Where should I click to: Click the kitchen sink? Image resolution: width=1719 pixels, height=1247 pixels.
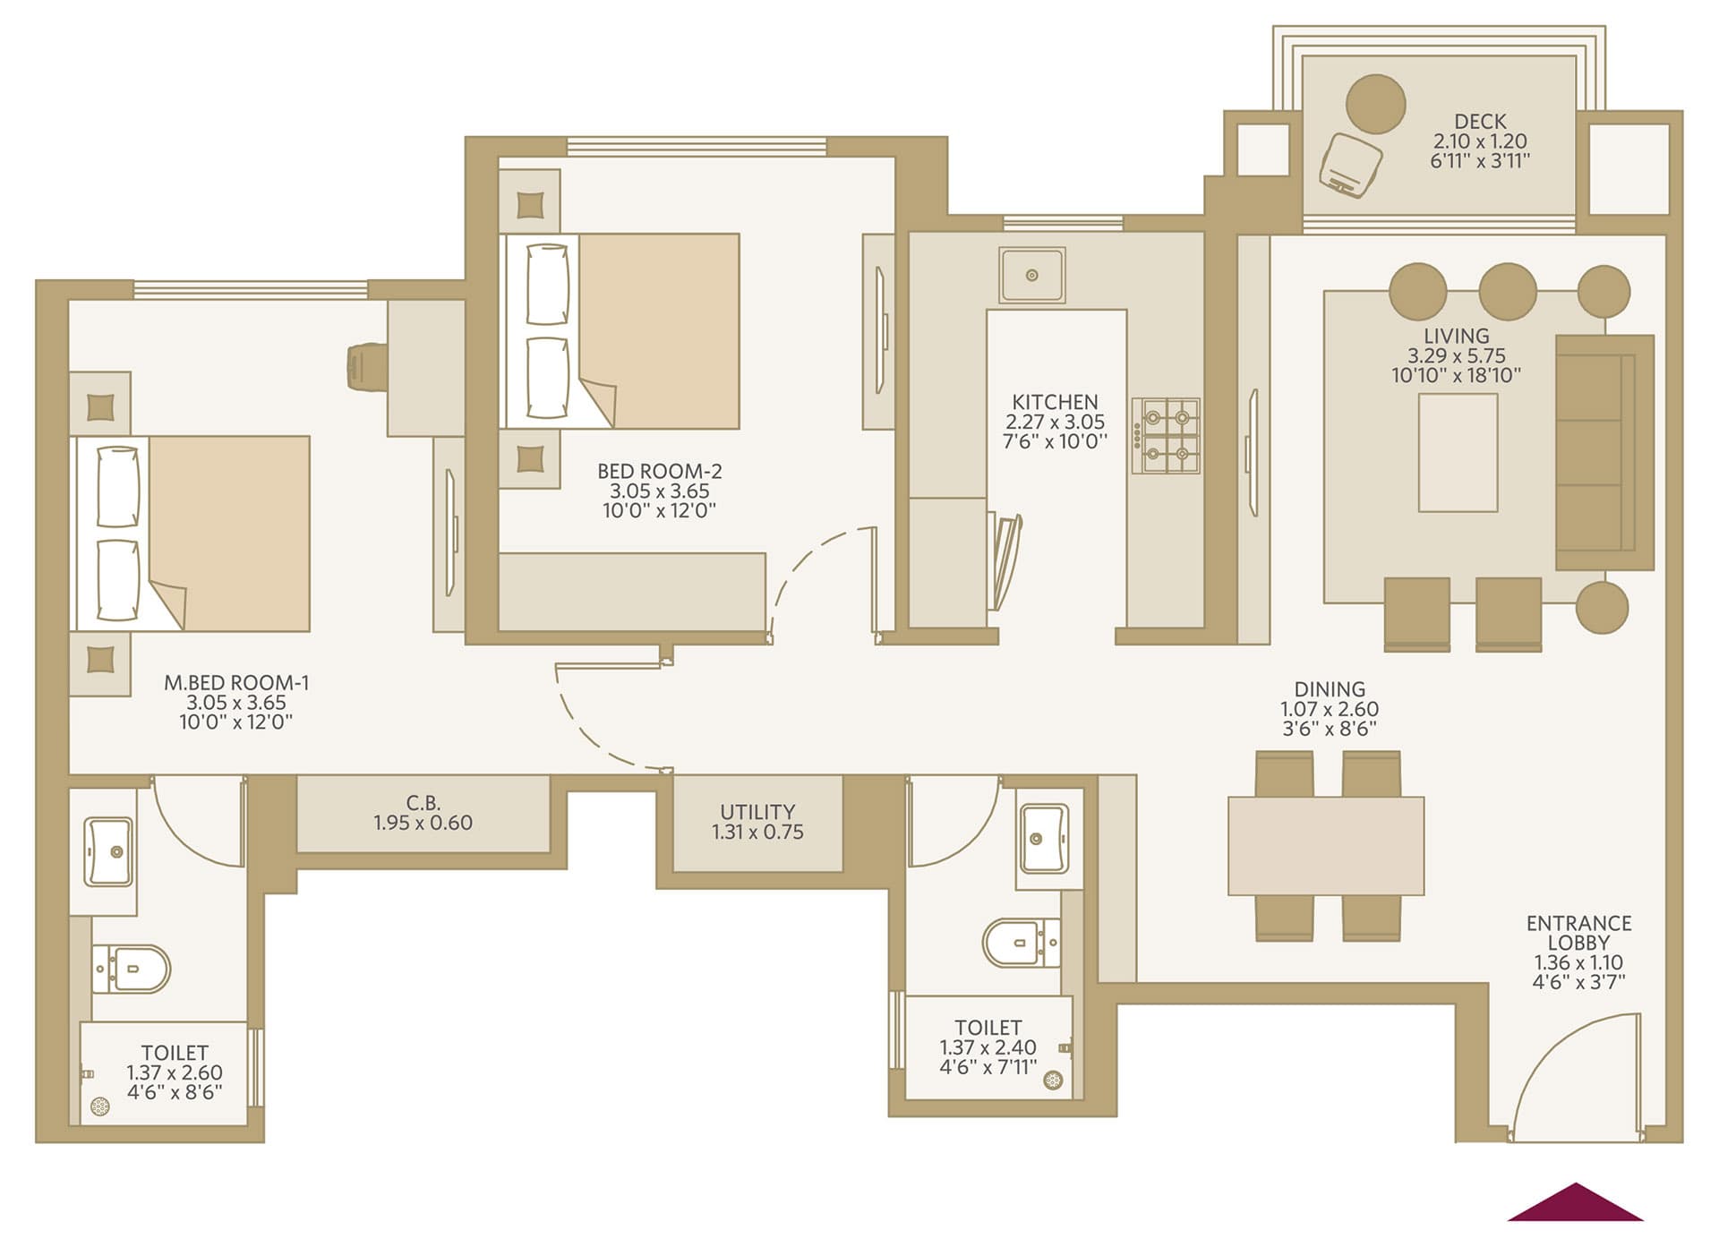pos(1032,275)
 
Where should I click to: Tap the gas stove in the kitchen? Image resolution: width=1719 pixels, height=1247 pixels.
pos(1167,436)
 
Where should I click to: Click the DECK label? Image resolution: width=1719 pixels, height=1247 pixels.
pos(1480,121)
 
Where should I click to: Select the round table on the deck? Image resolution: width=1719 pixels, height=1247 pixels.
pos(1376,104)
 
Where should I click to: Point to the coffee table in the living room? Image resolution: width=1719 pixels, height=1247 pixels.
pos(1458,453)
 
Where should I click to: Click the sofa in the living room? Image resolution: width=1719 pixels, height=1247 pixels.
pos(1604,452)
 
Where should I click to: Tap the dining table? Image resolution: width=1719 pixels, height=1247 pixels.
pos(1326,846)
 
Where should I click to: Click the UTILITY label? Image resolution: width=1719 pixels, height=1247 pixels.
pos(757,812)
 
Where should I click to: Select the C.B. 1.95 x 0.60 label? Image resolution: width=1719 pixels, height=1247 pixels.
pos(423,813)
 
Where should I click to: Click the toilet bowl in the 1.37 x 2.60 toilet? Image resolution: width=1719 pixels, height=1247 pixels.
pos(132,969)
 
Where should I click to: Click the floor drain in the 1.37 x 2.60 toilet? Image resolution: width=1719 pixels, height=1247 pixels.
pos(100,1108)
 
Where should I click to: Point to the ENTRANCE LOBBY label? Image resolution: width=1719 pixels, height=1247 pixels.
pos(1578,933)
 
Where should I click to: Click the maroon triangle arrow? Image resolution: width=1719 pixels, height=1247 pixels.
pos(1576,1202)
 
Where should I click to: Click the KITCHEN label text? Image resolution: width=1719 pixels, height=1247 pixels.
pos(1055,402)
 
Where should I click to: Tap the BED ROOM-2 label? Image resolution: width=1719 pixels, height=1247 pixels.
pos(659,471)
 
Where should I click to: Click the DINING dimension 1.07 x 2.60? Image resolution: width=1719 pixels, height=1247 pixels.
pos(1330,709)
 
